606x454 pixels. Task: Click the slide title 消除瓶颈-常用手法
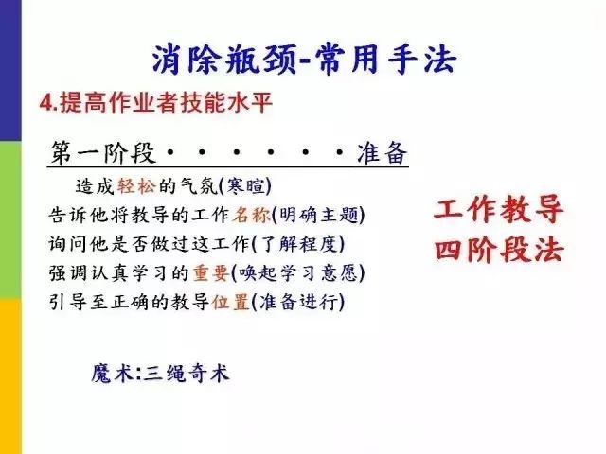coord(304,59)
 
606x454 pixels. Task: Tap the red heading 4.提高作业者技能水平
coord(156,102)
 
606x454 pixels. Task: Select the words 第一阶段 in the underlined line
coord(103,153)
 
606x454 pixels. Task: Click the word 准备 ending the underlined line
coord(382,153)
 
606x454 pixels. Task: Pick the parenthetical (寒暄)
coord(245,186)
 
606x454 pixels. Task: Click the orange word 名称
coord(251,215)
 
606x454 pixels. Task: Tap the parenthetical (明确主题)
coord(318,215)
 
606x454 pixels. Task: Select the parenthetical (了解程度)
coord(297,244)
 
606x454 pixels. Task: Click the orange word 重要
coord(210,273)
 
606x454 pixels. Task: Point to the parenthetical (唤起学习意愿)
coord(297,273)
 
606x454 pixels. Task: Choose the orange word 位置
coord(231,302)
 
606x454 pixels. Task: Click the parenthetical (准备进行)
coord(297,302)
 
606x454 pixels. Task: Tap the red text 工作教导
coord(499,209)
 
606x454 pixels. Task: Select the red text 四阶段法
coord(499,250)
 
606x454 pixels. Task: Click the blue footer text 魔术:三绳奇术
coord(160,374)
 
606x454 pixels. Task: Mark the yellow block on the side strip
coord(10,375)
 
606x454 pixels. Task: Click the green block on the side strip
coord(10,219)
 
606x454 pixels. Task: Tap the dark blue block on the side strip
coord(10,71)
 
